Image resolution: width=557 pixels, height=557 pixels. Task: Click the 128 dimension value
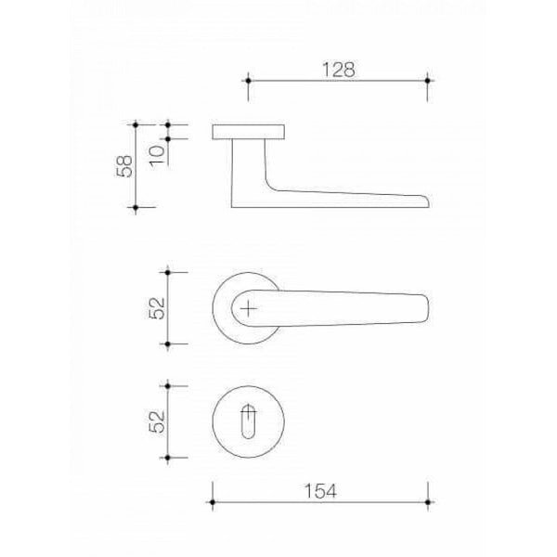338,70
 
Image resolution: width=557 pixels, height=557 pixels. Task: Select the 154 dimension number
320,491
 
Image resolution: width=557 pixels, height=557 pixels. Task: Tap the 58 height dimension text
124,166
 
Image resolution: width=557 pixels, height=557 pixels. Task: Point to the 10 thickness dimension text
158,156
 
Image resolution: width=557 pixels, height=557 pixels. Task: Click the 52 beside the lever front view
158,308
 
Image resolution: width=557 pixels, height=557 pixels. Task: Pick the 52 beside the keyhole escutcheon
158,421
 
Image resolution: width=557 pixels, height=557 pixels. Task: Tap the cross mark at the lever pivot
249,309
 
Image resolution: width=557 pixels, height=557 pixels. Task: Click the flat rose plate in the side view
248,132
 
